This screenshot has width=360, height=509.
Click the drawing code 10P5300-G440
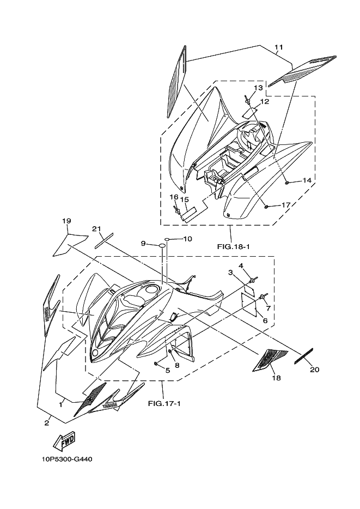click(66, 459)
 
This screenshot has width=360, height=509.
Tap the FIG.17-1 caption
click(164, 404)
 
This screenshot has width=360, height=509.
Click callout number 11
click(278, 48)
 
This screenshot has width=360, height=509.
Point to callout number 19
click(66, 221)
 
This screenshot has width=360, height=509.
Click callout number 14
click(307, 180)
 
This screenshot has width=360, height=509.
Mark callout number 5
click(167, 371)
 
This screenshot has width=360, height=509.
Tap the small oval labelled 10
click(169, 239)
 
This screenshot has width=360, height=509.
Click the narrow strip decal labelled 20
click(303, 355)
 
